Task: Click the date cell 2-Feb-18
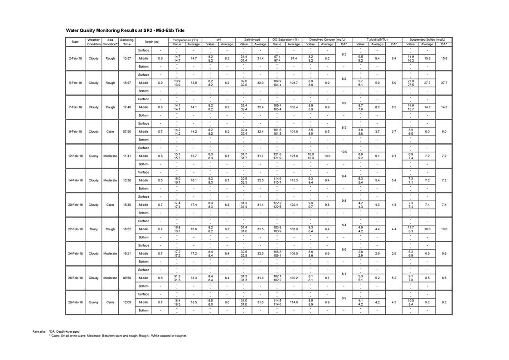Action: [75, 58]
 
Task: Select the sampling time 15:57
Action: [127, 83]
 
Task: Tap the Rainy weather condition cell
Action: [93, 229]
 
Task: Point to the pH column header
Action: [218, 40]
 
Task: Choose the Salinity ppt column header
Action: [252, 40]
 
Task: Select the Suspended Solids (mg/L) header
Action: [427, 40]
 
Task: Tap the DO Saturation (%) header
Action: [286, 40]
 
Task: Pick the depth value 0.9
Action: [160, 83]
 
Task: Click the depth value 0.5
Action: [160, 180]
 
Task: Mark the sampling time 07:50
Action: [127, 131]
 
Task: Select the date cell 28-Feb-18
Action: [75, 302]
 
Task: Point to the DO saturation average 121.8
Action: [294, 156]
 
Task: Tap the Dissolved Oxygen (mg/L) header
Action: [327, 40]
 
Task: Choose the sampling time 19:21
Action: [127, 253]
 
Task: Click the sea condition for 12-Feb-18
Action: [110, 156]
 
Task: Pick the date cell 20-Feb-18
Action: [75, 204]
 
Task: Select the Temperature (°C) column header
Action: [185, 40]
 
